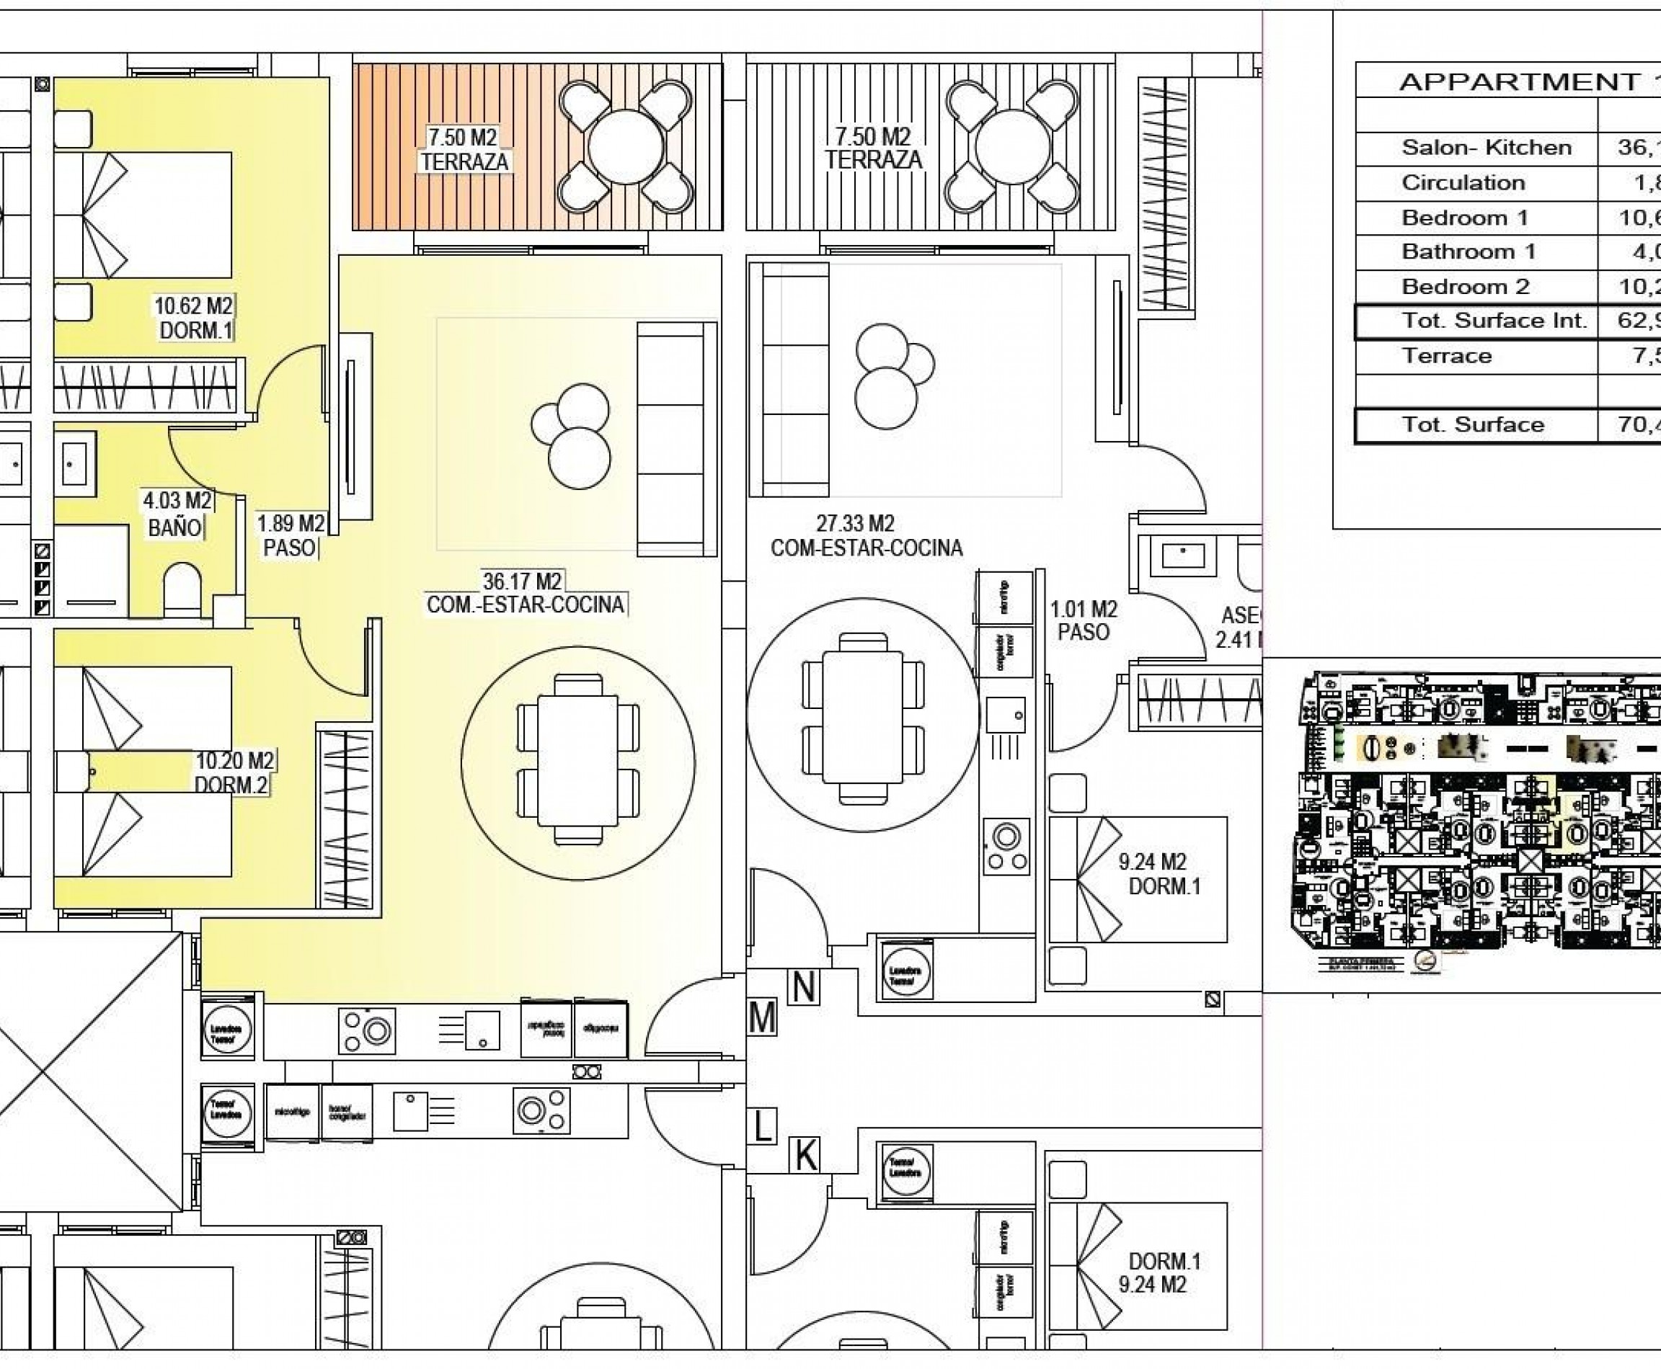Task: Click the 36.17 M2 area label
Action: [523, 581]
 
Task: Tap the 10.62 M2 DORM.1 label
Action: [194, 318]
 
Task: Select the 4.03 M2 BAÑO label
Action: [177, 513]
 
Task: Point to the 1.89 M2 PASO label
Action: [291, 535]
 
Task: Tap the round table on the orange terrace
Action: [626, 148]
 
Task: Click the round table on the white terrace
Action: [1012, 148]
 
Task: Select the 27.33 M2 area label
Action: [855, 524]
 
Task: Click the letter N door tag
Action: [803, 987]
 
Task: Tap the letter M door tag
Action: [762, 1018]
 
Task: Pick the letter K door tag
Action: [805, 1156]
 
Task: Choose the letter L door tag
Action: [762, 1126]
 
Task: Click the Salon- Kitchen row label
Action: [1486, 148]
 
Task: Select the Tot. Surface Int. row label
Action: [1493, 320]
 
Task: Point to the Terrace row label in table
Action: [1446, 356]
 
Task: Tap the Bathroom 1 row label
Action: [1469, 251]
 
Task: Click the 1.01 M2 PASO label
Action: [1084, 620]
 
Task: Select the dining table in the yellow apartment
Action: [577, 761]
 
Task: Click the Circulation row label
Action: [1463, 183]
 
